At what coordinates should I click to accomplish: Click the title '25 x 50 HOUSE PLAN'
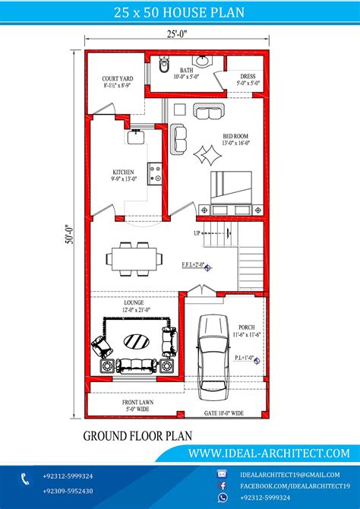pos(179,14)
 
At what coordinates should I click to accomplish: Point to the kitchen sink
pos(136,138)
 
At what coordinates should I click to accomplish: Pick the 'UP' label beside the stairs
pos(197,233)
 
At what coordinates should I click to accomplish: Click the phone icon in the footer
pos(25,478)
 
